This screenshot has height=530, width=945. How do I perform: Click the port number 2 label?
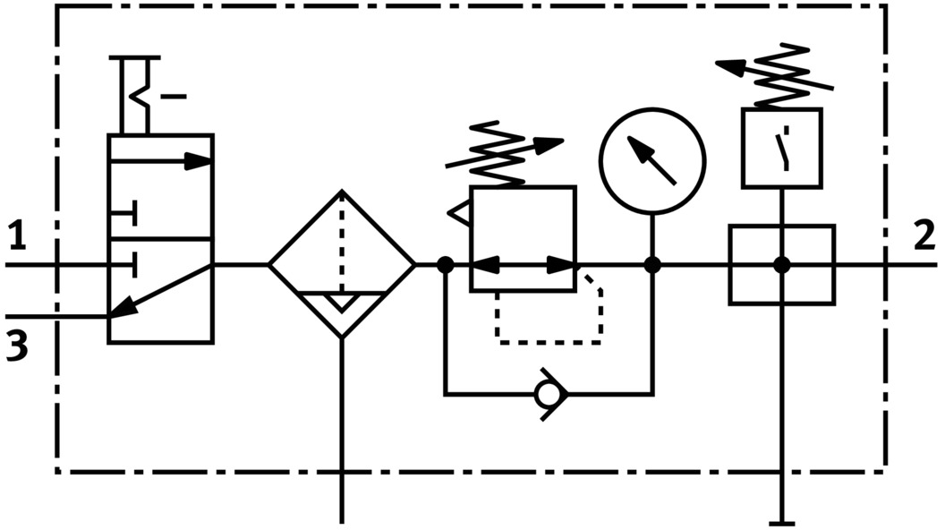pos(924,236)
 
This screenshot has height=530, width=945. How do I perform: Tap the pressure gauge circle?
pos(652,161)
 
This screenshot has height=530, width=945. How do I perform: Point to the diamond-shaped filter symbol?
pos(342,264)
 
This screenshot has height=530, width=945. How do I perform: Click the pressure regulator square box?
pos(523,237)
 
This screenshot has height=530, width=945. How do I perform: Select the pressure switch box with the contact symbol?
pos(781,148)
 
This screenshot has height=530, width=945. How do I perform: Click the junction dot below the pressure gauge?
pos(652,265)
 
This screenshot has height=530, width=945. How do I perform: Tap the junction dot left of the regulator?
pos(445,265)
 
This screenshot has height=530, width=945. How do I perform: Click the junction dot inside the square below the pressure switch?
pos(781,265)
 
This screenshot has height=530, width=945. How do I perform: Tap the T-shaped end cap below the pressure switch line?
pos(781,521)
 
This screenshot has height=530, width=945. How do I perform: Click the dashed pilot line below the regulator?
pos(548,341)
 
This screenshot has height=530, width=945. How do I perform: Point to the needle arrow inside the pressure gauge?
pos(651,159)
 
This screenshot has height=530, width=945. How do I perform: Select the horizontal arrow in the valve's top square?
pos(161,162)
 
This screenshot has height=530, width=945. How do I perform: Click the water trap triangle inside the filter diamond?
pos(342,302)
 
